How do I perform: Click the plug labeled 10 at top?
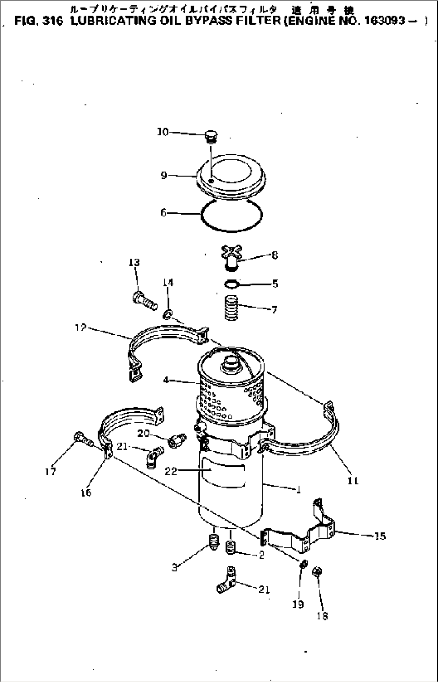[x=211, y=137]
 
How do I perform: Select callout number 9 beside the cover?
[x=164, y=176]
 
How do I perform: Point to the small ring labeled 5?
[x=231, y=284]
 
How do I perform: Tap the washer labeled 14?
[x=168, y=313]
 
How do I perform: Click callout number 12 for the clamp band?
[x=81, y=328]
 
